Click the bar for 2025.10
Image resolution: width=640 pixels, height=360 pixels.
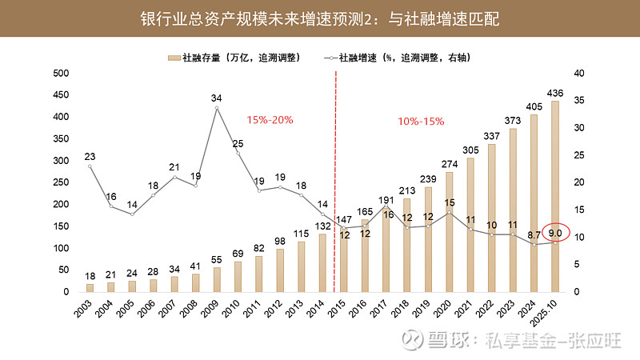554,196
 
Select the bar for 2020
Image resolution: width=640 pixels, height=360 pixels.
449,232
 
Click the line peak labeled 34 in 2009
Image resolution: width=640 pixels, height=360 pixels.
217,107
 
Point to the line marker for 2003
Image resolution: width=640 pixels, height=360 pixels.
90,166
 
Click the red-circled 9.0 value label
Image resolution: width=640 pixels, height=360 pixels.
554,234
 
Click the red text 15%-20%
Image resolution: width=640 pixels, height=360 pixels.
270,120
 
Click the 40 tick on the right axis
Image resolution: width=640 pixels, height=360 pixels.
579,73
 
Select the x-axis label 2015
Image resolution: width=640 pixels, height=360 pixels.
342,307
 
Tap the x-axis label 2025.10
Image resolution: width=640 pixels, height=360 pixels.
550,310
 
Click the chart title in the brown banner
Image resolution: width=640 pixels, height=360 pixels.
320,18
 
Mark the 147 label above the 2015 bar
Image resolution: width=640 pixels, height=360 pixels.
344,219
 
